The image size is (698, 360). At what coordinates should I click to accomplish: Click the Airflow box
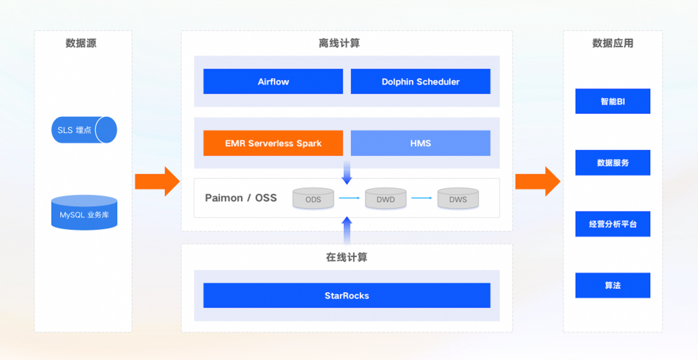[x=273, y=81]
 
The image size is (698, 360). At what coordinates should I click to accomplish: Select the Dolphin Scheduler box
[x=420, y=81]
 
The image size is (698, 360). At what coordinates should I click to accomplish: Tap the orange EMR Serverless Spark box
[x=273, y=143]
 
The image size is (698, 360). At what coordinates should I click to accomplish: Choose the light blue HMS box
[x=420, y=143]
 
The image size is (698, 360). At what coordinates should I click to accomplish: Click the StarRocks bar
[x=346, y=295]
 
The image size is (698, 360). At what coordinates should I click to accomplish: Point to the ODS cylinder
[x=313, y=198]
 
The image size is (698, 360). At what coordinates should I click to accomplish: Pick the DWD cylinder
[x=385, y=198]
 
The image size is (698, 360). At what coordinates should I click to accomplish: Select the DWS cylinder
[x=458, y=198]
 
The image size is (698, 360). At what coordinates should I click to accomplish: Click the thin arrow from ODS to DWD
[x=349, y=198]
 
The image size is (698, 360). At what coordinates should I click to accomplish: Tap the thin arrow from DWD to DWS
[x=421, y=198]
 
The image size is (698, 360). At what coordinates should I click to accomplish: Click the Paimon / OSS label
[x=240, y=198]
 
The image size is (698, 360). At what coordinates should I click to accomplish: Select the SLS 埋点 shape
[x=84, y=130]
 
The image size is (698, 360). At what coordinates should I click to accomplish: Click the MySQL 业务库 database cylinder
[x=84, y=213]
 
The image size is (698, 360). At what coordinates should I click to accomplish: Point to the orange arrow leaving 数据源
[x=157, y=182]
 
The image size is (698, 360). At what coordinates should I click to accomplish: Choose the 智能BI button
[x=613, y=101]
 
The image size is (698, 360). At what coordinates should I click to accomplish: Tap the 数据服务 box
[x=613, y=163]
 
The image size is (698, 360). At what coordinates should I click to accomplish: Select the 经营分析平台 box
[x=613, y=224]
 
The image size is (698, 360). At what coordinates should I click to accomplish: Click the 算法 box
[x=613, y=285]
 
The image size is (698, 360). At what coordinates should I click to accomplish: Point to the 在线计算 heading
[x=346, y=257]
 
